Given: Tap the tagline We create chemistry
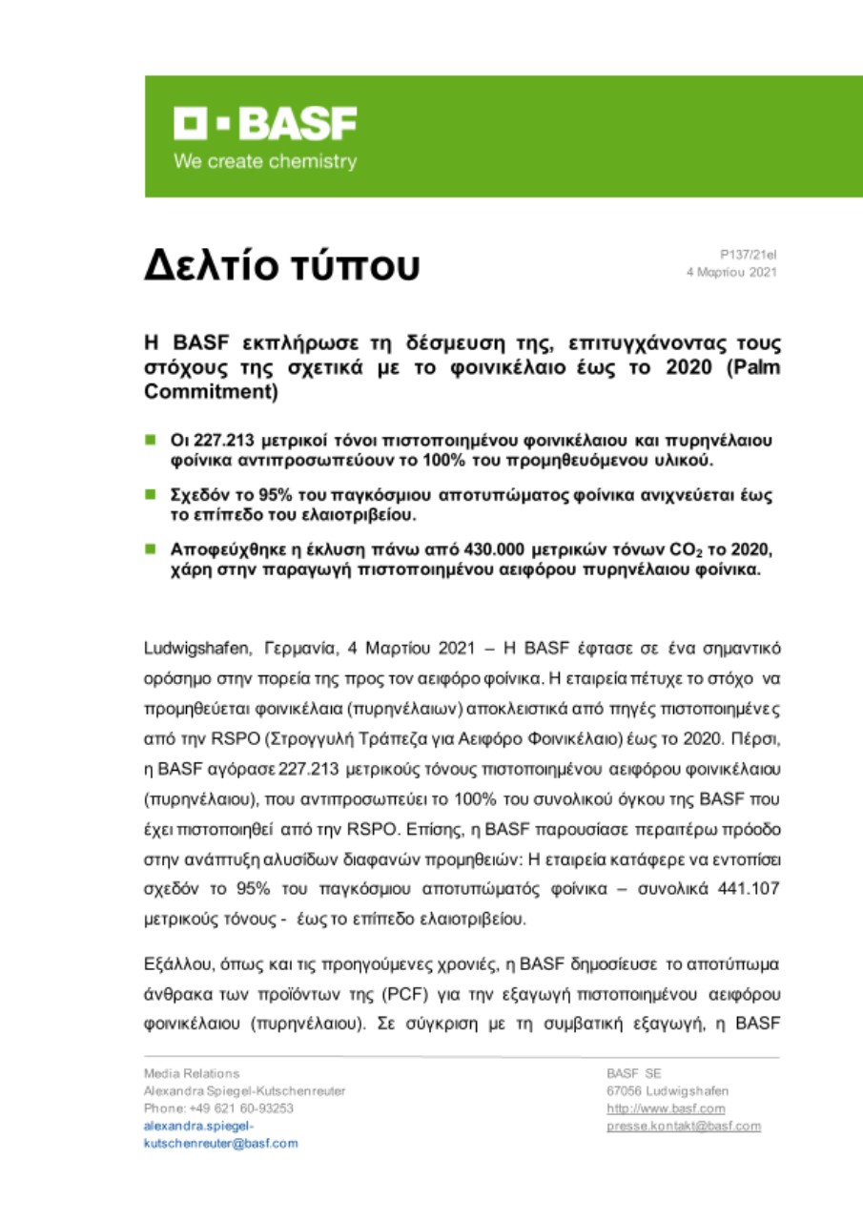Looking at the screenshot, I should (264, 161).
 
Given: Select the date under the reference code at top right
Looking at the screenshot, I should (732, 272).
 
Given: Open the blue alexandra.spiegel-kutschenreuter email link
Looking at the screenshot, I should (220, 1134).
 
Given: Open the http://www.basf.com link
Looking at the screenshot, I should (666, 1107).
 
